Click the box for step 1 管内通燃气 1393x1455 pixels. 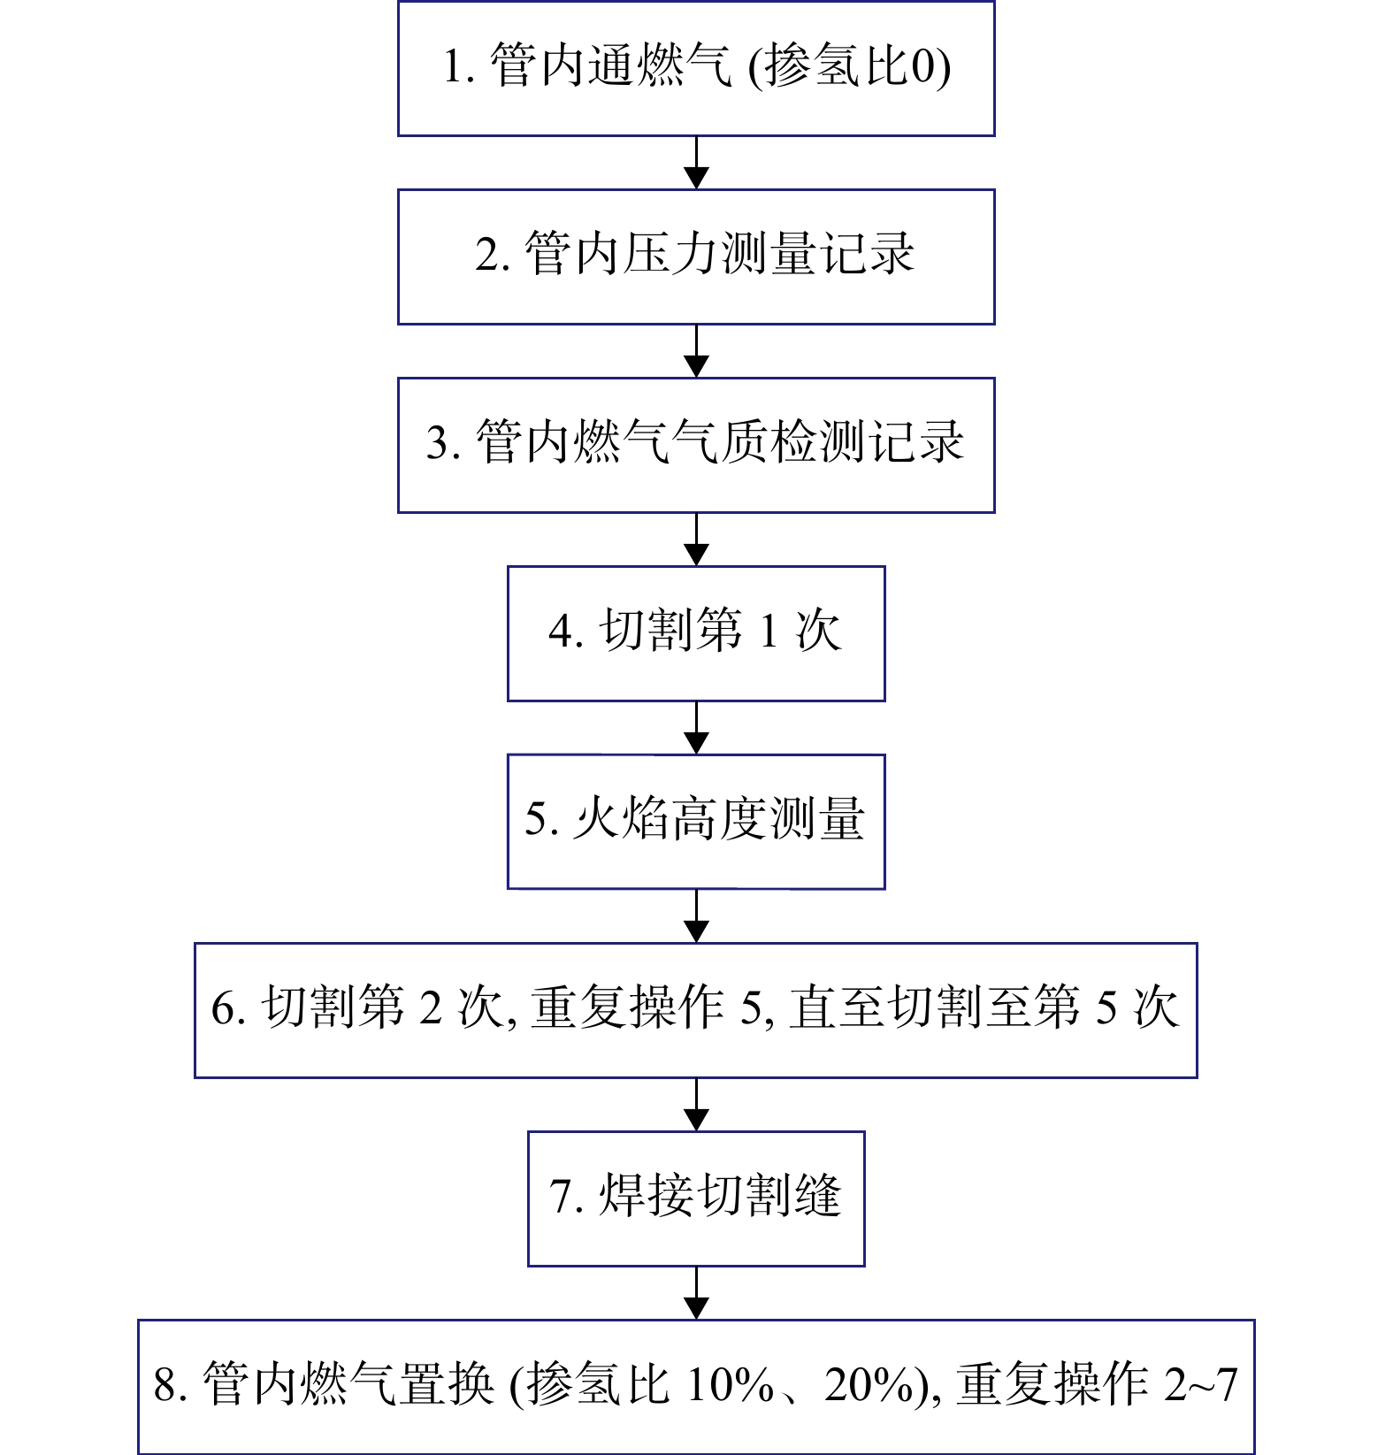(x=696, y=68)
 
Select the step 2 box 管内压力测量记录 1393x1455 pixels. (x=696, y=257)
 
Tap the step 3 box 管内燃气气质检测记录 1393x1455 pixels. (x=696, y=445)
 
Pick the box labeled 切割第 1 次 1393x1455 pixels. (x=696, y=633)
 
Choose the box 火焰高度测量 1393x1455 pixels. (x=696, y=822)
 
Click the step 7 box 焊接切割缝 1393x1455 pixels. (x=696, y=1198)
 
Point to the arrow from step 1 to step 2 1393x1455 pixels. (x=697, y=163)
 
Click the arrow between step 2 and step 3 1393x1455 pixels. (x=697, y=351)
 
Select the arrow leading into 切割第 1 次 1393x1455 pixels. (x=697, y=540)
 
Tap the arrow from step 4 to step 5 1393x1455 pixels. (x=697, y=728)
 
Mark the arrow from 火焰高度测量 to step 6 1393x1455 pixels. (x=697, y=916)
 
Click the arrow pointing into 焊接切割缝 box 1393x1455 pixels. (x=697, y=1105)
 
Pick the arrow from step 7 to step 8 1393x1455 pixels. (x=697, y=1293)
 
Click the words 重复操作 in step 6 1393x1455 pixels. (x=627, y=1007)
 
